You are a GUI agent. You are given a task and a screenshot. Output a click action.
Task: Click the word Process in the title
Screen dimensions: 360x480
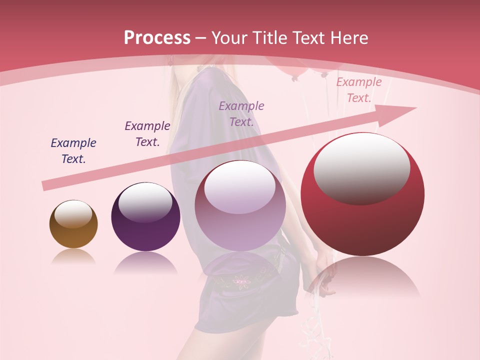coord(157,37)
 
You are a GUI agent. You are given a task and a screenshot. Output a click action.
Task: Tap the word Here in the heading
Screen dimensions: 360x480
coord(348,38)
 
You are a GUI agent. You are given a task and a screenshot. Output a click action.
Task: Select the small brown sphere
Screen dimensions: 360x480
coord(73,224)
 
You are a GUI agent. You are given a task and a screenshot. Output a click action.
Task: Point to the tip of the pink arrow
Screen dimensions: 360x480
coord(415,108)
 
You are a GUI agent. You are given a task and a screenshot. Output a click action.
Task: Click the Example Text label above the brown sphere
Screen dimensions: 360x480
coord(73,151)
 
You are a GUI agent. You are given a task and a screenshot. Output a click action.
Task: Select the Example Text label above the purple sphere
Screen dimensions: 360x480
coord(147,134)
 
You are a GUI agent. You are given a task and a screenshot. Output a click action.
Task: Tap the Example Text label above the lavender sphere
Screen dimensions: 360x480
coord(241,113)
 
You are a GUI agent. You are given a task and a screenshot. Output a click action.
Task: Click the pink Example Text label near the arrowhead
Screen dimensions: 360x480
coord(359,90)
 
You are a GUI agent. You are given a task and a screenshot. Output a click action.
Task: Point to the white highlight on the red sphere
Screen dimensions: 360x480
coord(362,167)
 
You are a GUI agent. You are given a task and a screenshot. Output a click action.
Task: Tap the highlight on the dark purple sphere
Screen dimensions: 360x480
coord(145,201)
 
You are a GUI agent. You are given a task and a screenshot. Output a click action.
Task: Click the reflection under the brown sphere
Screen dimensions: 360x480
coord(73,256)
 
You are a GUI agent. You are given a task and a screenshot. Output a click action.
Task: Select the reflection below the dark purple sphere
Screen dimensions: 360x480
coord(145,262)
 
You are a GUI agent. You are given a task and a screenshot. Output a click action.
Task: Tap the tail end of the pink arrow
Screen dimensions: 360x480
coord(44,185)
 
